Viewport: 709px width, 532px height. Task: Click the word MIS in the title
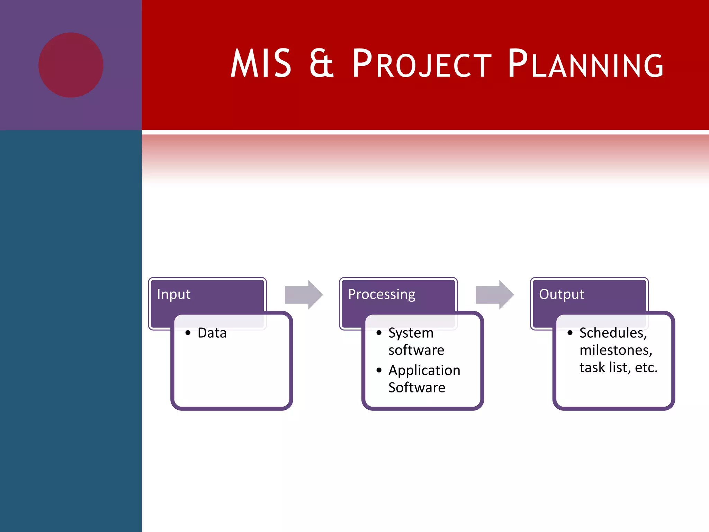pyautogui.click(x=261, y=64)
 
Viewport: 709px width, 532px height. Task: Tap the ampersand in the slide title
pyautogui.click(x=321, y=64)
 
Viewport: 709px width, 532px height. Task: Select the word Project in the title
pyautogui.click(x=422, y=64)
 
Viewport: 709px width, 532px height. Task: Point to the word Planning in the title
pyautogui.click(x=585, y=64)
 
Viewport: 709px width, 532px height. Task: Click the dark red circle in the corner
pyautogui.click(x=71, y=65)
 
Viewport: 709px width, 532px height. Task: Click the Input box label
pyautogui.click(x=173, y=294)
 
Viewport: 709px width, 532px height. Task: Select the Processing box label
pyautogui.click(x=382, y=294)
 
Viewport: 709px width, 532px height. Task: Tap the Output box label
pyautogui.click(x=561, y=294)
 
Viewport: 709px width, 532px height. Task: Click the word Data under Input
pyautogui.click(x=212, y=333)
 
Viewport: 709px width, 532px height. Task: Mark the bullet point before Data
pyautogui.click(x=188, y=333)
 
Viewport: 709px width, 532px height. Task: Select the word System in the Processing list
pyautogui.click(x=411, y=333)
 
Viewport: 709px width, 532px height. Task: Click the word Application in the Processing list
pyautogui.click(x=424, y=370)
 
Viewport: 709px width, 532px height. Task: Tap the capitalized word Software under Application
pyautogui.click(x=416, y=387)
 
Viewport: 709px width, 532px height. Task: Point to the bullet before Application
pyautogui.click(x=379, y=370)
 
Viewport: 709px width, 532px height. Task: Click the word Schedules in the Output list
pyautogui.click(x=613, y=333)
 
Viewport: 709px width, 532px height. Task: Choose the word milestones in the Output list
pyautogui.click(x=616, y=350)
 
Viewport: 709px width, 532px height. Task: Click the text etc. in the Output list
pyautogui.click(x=646, y=367)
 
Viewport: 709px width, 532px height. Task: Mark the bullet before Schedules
pyautogui.click(x=570, y=333)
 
